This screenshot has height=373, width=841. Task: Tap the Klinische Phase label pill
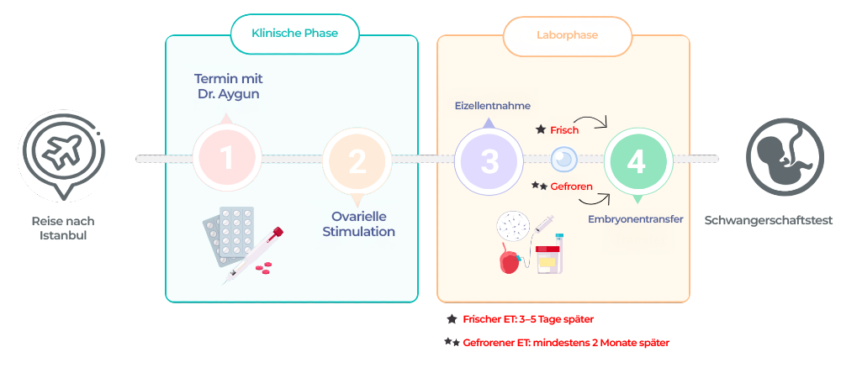(294, 34)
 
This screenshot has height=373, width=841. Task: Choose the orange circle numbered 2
(357, 161)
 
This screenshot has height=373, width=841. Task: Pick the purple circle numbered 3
(489, 160)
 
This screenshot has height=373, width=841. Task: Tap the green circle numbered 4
(637, 161)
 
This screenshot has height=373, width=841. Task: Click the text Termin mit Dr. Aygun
(228, 87)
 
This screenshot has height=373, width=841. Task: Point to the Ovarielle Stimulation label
(358, 223)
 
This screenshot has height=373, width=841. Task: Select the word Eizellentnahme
(492, 107)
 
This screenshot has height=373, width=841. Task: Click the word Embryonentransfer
(635, 219)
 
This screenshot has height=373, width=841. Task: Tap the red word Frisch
(564, 130)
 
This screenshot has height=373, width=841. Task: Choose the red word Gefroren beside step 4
(571, 186)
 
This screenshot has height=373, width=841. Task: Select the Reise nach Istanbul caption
(63, 228)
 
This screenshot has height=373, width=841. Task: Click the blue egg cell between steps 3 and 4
(563, 159)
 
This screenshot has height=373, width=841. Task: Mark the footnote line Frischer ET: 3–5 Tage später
(528, 319)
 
